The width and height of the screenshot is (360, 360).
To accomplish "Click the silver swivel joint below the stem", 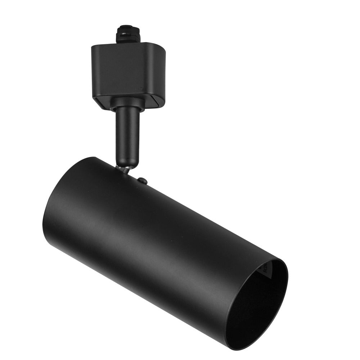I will [x=125, y=169].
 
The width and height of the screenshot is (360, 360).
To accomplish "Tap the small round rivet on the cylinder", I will [x=143, y=180].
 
